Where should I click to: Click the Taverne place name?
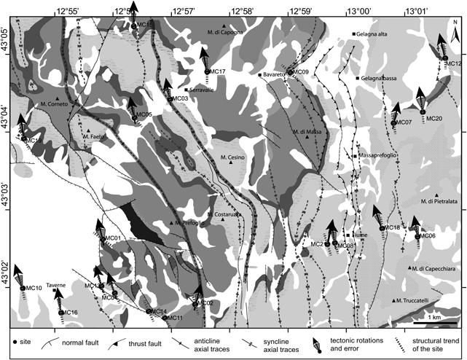(56, 285)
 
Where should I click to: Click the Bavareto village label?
(273, 75)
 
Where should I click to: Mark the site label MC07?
(404, 122)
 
